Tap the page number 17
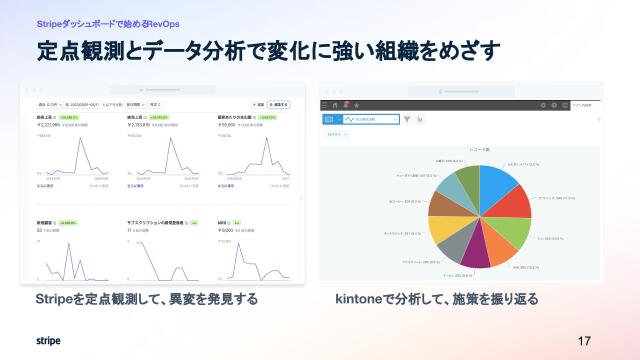click(x=585, y=341)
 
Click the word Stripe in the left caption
click(x=53, y=299)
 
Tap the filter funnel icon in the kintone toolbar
click(x=407, y=119)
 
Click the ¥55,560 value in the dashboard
click(x=229, y=125)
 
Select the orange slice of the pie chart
click(x=497, y=250)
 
